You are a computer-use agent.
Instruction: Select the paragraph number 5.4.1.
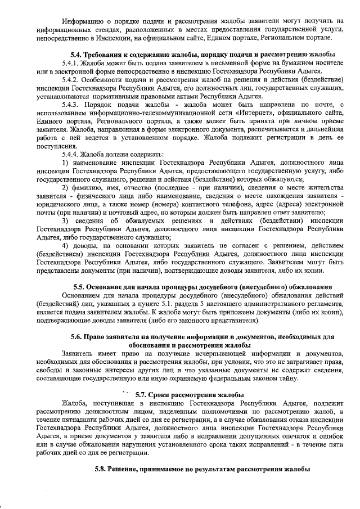click(x=73, y=64)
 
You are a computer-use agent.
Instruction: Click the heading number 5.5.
click(x=73, y=287)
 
